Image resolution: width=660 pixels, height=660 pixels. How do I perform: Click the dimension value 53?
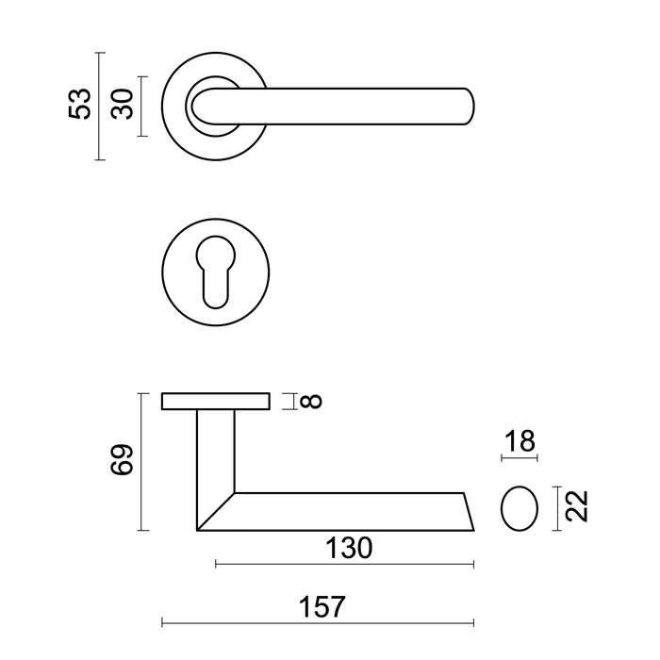[83, 104]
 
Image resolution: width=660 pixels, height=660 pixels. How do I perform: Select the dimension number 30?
[120, 104]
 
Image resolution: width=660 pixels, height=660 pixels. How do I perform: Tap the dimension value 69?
[122, 461]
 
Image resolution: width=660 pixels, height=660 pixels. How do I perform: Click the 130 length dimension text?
[345, 547]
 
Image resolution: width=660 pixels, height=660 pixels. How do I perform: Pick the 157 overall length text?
[319, 604]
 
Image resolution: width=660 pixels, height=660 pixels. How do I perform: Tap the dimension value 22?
[578, 506]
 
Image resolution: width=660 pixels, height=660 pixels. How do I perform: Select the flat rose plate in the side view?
[216, 402]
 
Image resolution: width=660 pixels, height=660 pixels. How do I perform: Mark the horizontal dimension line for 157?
[319, 623]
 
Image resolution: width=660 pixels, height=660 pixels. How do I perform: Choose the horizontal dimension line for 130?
[345, 565]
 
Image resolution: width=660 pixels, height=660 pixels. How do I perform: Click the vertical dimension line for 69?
[141, 462]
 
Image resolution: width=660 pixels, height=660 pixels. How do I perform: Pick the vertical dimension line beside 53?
[100, 106]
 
